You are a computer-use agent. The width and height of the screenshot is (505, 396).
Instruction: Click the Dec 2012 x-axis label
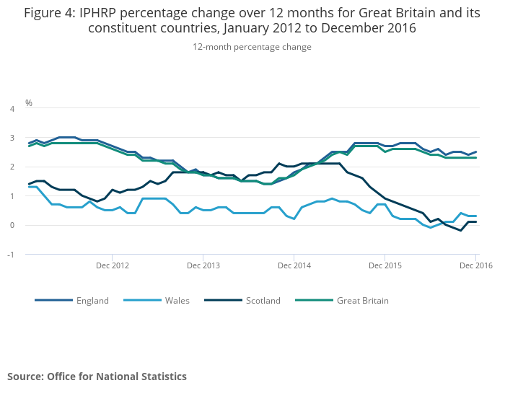click(x=112, y=265)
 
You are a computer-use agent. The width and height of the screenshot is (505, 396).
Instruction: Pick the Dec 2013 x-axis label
click(x=203, y=265)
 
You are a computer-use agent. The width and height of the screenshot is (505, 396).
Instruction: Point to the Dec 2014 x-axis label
click(x=294, y=265)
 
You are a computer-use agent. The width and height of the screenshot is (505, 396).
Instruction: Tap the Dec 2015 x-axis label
click(x=385, y=265)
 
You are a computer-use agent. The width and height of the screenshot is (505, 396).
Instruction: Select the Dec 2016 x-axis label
click(x=475, y=265)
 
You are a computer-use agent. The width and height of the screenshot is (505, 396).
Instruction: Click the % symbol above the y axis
click(x=29, y=102)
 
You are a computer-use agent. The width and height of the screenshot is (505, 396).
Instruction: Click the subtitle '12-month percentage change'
click(x=252, y=47)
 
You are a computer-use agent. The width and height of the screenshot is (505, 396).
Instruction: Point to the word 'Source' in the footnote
click(x=25, y=376)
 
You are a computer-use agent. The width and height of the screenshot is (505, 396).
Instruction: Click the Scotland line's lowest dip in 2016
click(x=461, y=230)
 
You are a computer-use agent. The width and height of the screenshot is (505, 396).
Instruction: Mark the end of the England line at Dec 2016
click(x=475, y=152)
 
